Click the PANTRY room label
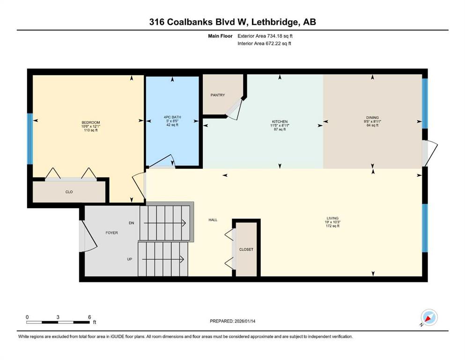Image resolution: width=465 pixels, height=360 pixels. pyautogui.click(x=218, y=95)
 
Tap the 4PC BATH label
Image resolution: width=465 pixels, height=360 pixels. pyautogui.click(x=172, y=117)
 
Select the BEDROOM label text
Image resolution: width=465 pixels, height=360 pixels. pyautogui.click(x=91, y=122)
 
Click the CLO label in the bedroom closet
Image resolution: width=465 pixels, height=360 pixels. pyautogui.click(x=69, y=192)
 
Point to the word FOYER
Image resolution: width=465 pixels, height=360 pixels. pyautogui.click(x=112, y=233)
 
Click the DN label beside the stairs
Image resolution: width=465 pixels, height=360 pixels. pyautogui.click(x=132, y=223)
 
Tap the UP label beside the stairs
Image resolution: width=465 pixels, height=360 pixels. pyautogui.click(x=130, y=259)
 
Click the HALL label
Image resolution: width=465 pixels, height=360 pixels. pyautogui.click(x=213, y=220)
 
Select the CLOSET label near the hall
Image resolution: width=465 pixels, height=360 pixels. pyautogui.click(x=246, y=249)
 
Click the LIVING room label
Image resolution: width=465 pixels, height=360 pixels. pyautogui.click(x=332, y=218)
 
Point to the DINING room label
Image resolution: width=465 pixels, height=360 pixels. pyautogui.click(x=372, y=118)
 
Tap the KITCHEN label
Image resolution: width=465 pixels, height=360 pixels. pyautogui.click(x=280, y=122)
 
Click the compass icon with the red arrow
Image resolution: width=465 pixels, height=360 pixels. pyautogui.click(x=429, y=318)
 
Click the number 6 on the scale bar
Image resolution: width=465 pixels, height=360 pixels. pyautogui.click(x=89, y=317)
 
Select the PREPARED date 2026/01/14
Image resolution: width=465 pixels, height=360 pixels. pyautogui.click(x=245, y=321)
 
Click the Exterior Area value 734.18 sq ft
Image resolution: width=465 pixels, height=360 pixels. pyautogui.click(x=280, y=36)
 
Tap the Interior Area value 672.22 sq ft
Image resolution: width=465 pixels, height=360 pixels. pyautogui.click(x=278, y=43)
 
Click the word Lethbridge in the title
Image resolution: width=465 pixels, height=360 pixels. pyautogui.click(x=274, y=22)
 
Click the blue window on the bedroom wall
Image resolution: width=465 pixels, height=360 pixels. pyautogui.click(x=30, y=139)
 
